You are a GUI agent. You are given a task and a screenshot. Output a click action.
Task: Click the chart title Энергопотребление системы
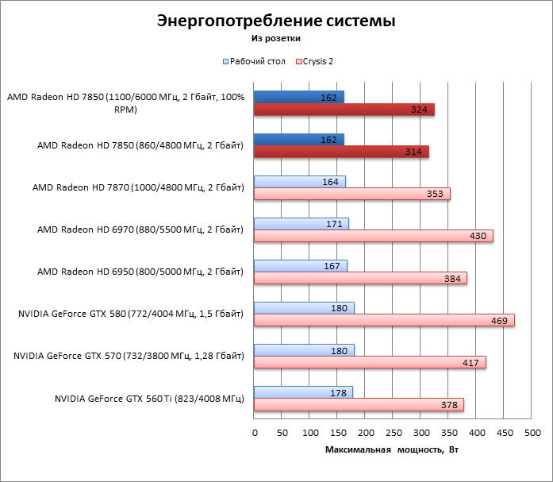pyautogui.click(x=275, y=21)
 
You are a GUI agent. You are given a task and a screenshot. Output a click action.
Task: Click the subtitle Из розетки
pyautogui.click(x=275, y=37)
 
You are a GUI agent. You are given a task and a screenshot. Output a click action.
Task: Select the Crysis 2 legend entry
pyautogui.click(x=321, y=60)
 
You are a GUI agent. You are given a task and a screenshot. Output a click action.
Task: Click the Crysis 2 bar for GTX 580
pyautogui.click(x=384, y=320)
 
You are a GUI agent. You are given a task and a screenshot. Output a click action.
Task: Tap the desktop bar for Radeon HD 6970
pyautogui.click(x=301, y=224)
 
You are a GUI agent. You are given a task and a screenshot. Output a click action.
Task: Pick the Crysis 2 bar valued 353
pyautogui.click(x=351, y=194)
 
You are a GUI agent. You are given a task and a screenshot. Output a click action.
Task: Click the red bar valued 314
pyautogui.click(x=341, y=152)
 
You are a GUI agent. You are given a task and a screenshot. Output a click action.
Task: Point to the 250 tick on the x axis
pyautogui.click(x=394, y=433)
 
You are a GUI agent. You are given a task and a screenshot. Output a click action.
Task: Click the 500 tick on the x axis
pyautogui.click(x=532, y=433)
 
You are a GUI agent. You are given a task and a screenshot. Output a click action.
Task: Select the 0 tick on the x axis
pyautogui.click(x=255, y=433)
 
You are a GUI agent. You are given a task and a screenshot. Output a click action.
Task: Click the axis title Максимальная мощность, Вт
pyautogui.click(x=392, y=449)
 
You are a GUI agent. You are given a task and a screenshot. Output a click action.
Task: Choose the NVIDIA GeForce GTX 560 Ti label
pyautogui.click(x=148, y=399)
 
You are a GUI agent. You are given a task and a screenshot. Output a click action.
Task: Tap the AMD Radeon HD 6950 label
pyautogui.click(x=140, y=272)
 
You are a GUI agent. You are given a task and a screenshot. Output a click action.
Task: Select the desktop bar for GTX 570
pyautogui.click(x=304, y=350)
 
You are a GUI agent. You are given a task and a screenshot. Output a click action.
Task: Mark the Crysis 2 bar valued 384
pyautogui.click(x=360, y=278)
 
